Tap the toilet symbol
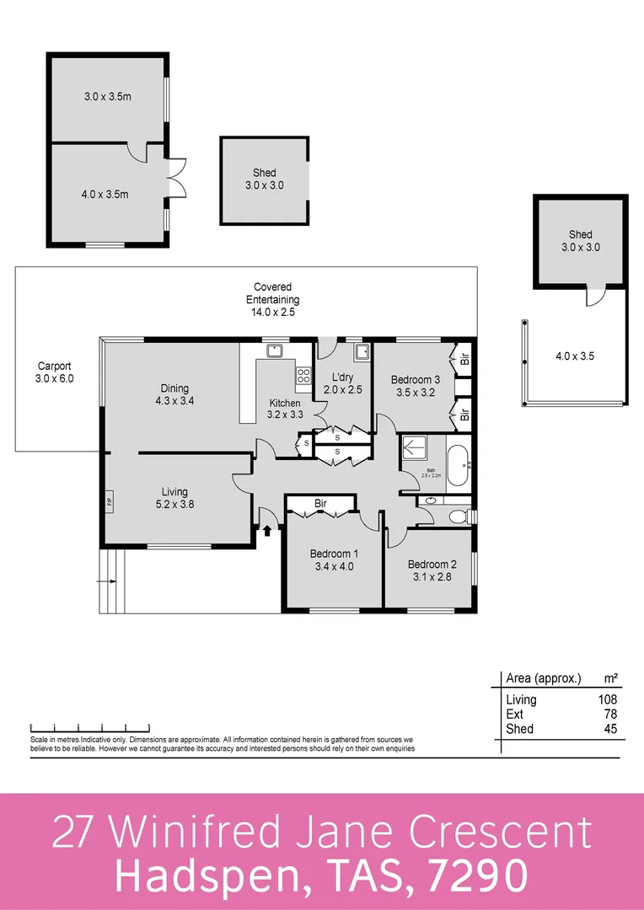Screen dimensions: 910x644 (458, 517)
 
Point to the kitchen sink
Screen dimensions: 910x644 (274, 352)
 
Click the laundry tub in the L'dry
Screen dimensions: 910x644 (361, 352)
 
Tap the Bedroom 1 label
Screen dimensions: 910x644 (333, 554)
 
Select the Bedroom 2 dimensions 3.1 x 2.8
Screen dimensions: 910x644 (432, 577)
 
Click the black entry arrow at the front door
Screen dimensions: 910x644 (268, 531)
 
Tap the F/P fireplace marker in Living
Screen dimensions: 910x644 (110, 503)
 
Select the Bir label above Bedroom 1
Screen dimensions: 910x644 (320, 504)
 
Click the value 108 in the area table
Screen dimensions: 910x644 (606, 699)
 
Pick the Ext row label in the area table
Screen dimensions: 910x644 (514, 715)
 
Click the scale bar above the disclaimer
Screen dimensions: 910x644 (90, 725)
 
